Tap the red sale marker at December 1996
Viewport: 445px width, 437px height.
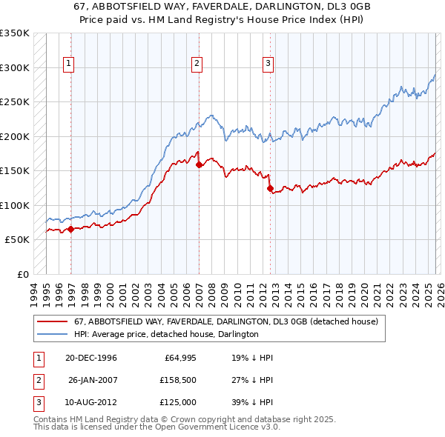point(70,230)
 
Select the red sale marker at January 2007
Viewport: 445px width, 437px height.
point(199,165)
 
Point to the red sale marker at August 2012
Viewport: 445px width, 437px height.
point(270,188)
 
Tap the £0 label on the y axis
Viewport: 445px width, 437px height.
point(22,274)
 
